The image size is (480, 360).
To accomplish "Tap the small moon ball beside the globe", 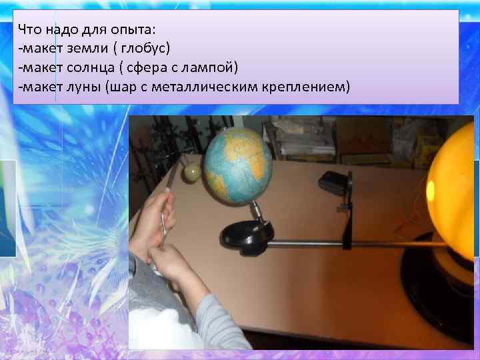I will click(191, 173).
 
